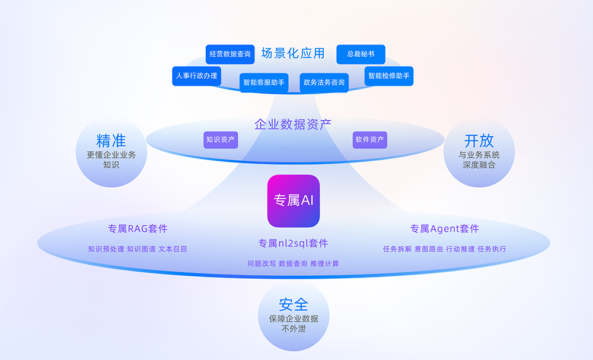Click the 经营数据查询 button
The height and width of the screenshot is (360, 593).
[x=230, y=54]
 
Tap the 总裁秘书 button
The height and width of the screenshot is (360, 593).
[x=361, y=54]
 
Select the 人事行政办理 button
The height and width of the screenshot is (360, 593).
[x=196, y=76]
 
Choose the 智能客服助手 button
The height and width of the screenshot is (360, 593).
[x=264, y=82]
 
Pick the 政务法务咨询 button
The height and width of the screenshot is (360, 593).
[x=324, y=82]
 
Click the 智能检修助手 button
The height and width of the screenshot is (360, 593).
[x=388, y=76]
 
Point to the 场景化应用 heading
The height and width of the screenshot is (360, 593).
[x=293, y=53]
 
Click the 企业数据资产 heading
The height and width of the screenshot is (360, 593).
[x=293, y=125]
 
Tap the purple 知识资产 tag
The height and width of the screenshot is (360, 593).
[x=221, y=140]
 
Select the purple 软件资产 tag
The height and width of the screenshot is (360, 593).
[x=370, y=140]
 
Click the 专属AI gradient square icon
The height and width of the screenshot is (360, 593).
[x=294, y=201]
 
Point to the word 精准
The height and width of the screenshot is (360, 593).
[x=111, y=141]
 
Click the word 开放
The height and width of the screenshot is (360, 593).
[x=479, y=141]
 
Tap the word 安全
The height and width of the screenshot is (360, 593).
[x=294, y=304]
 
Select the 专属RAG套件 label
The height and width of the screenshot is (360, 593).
[x=138, y=228]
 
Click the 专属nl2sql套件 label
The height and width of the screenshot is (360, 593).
[x=293, y=243]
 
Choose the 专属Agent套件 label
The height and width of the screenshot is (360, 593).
[x=445, y=228]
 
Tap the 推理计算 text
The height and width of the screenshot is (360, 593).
[x=324, y=263]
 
